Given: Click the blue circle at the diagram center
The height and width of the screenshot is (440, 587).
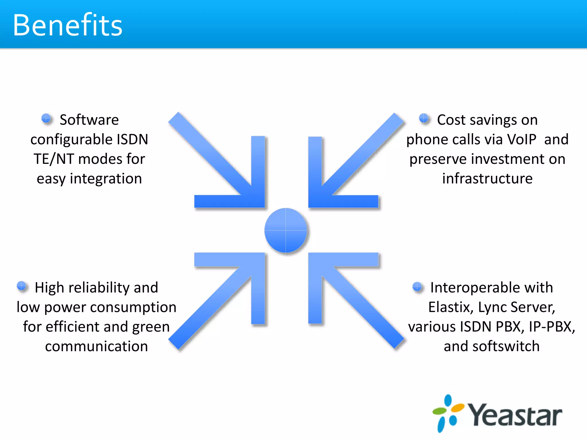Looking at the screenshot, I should click(286, 230).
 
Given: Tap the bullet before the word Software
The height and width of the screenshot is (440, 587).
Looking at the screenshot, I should click(46, 118).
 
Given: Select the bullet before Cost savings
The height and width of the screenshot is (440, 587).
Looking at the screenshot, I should click(424, 118).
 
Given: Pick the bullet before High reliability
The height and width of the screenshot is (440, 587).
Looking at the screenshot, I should click(21, 286).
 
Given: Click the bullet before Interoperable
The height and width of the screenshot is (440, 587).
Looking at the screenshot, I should click(417, 286).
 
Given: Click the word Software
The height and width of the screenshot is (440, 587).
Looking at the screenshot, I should click(89, 120).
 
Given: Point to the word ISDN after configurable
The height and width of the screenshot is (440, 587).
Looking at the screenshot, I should click(132, 140).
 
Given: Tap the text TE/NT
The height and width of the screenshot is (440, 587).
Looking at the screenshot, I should click(54, 159).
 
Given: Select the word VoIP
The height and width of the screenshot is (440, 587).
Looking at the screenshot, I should click(521, 140).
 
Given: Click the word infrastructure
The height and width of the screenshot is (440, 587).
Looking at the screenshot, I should click(487, 178).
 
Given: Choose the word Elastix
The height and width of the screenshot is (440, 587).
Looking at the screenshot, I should click(450, 307).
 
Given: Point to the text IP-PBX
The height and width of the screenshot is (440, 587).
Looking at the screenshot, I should click(551, 327).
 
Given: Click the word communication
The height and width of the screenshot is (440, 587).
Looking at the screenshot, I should click(96, 346).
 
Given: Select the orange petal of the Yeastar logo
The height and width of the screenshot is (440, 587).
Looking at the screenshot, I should click(457, 408).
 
